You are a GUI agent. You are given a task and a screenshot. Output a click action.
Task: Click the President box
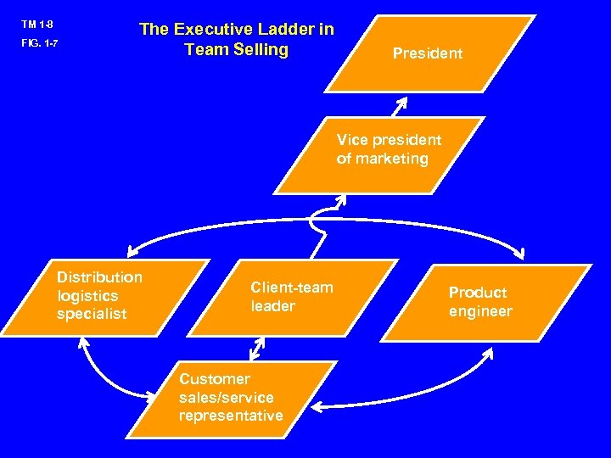pyautogui.click(x=429, y=53)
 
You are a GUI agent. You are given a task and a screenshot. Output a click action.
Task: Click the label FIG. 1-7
pyautogui.click(x=40, y=42)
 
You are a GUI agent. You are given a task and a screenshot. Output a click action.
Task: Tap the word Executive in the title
pyautogui.click(x=213, y=30)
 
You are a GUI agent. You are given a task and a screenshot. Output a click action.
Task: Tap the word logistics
pyautogui.click(x=87, y=295)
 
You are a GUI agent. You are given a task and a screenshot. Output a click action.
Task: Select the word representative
pyautogui.click(x=230, y=416)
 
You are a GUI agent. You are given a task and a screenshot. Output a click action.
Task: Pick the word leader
pyautogui.click(x=272, y=306)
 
